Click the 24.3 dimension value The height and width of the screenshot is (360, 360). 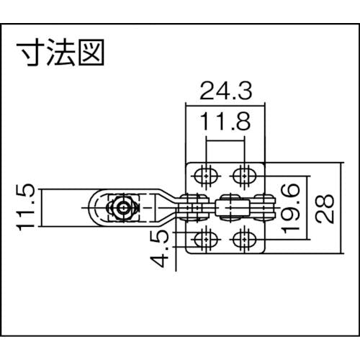226,91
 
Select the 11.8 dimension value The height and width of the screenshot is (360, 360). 225,122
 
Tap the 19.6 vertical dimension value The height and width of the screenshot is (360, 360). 291,208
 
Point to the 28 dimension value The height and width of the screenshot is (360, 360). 325,208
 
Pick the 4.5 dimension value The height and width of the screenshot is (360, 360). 159,248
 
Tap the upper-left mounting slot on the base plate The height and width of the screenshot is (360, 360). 206,176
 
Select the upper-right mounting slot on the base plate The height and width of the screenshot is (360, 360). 244,176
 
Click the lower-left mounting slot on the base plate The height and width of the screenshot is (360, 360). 206,239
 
